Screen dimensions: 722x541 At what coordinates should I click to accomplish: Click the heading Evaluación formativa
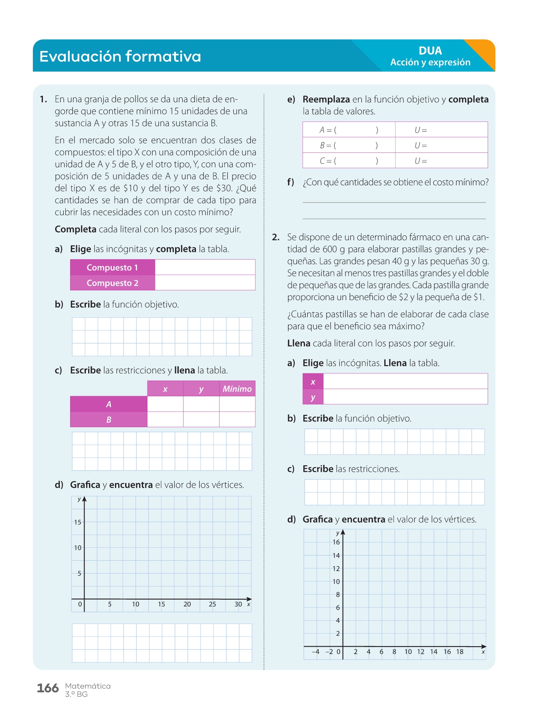pos(120,57)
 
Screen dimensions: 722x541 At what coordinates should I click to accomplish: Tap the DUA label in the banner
pos(430,51)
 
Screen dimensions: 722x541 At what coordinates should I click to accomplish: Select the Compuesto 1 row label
pos(112,268)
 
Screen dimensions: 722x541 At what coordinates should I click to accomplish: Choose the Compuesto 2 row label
pos(112,283)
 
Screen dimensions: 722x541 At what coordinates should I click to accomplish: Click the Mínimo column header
pos(237,389)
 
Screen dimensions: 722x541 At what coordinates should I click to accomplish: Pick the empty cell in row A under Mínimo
pos(237,404)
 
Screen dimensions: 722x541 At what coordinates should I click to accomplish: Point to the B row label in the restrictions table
pos(109,420)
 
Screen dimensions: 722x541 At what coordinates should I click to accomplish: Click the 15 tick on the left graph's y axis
pos(78,522)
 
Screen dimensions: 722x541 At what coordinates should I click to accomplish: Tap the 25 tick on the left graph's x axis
pos(212,604)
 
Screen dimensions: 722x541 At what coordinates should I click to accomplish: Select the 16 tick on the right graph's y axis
pos(336,542)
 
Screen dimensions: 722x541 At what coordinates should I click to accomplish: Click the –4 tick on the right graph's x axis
pos(316,652)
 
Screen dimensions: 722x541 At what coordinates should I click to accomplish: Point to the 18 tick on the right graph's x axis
pos(460,652)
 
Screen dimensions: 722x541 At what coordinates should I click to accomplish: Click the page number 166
pos(48,688)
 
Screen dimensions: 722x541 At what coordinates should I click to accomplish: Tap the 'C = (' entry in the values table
pos(328,161)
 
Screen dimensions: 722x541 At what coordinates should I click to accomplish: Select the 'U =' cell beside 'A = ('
pos(421,130)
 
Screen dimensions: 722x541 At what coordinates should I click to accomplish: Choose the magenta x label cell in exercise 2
pos(313,382)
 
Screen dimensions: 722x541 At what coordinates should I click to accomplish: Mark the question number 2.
pos(276,237)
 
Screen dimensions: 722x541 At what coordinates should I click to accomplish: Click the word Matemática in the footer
pos(88,686)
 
